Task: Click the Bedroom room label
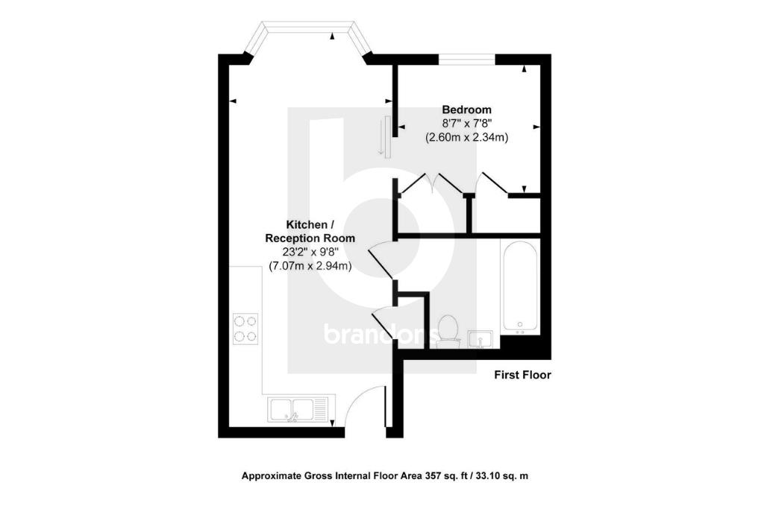[x=466, y=109]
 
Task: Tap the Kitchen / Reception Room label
[x=306, y=231]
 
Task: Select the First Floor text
[x=522, y=375]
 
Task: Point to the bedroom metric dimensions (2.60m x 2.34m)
[x=466, y=137]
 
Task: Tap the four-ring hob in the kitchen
[x=246, y=328]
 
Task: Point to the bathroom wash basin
[x=480, y=340]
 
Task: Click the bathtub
[x=520, y=287]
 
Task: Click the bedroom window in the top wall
[x=466, y=58]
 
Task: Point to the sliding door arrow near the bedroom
[x=383, y=137]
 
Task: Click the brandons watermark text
[x=380, y=334]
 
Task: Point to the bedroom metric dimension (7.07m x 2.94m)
[x=310, y=265]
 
